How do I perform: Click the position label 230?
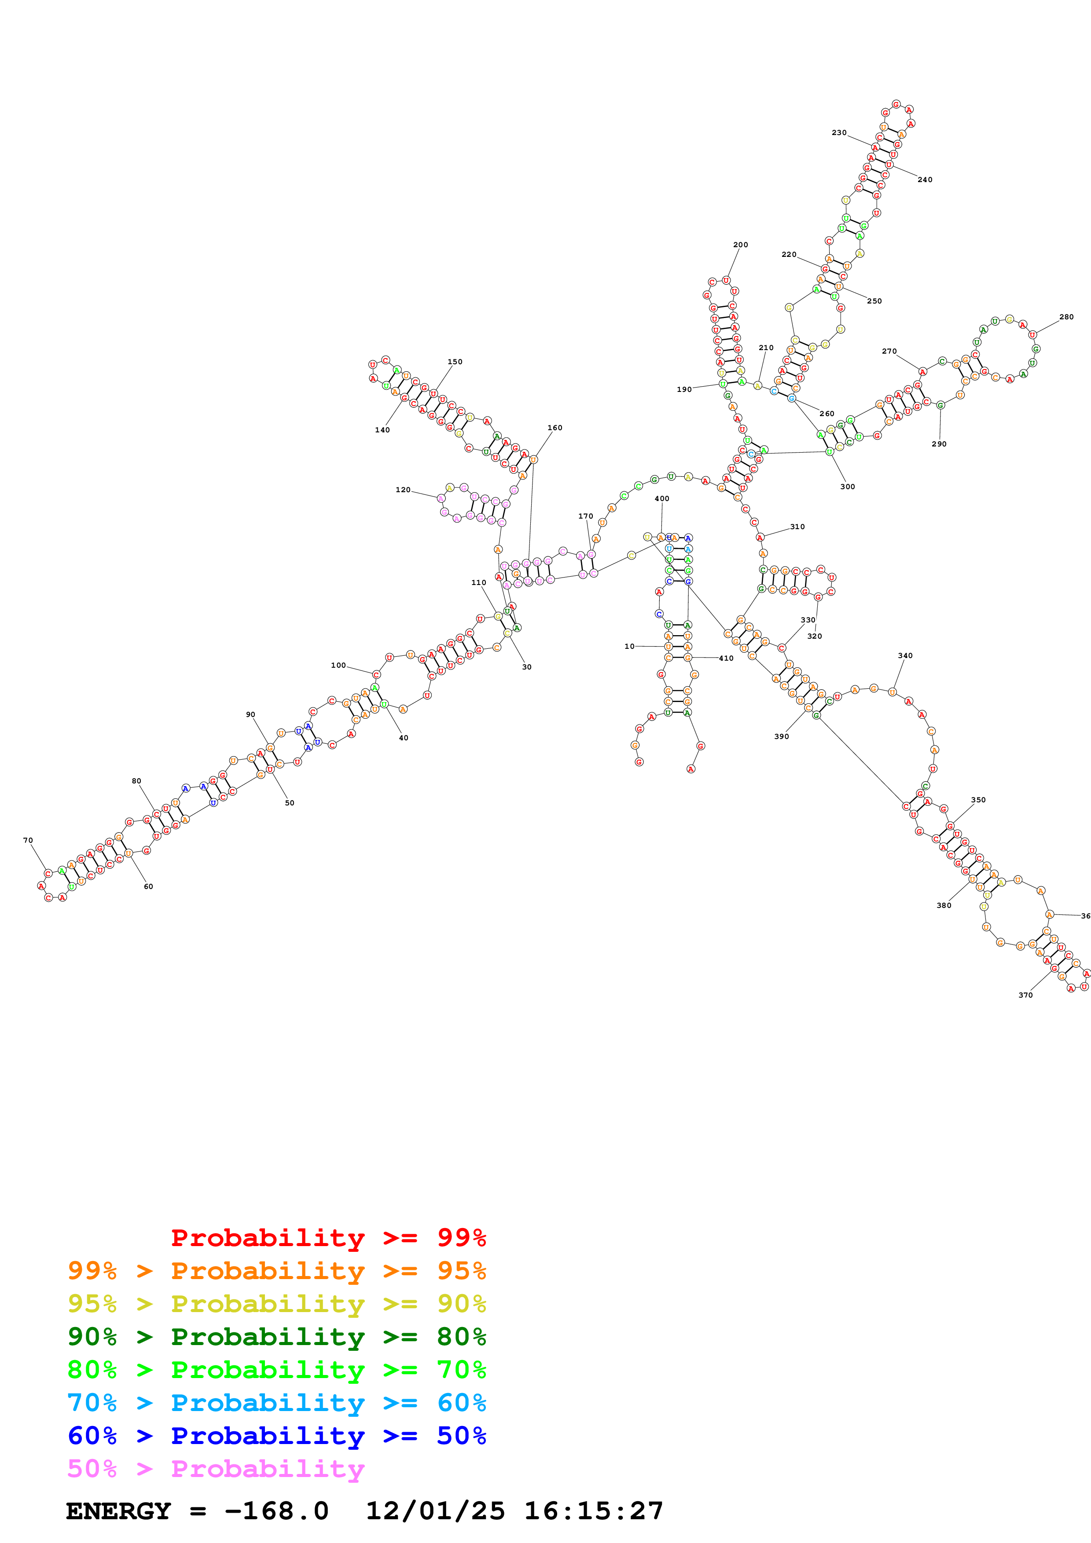coord(838,132)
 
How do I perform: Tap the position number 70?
coord(28,840)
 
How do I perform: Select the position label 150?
coord(455,362)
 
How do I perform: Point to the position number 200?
coord(740,245)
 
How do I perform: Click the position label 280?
coord(1066,317)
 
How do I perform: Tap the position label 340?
coord(905,655)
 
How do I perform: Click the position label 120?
coord(403,490)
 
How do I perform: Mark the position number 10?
coord(629,647)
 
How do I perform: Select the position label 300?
coord(847,486)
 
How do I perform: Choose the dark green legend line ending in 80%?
coord(276,1337)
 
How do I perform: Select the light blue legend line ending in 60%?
coord(276,1403)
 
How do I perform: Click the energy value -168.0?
coord(276,1511)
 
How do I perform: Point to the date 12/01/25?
coord(435,1511)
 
